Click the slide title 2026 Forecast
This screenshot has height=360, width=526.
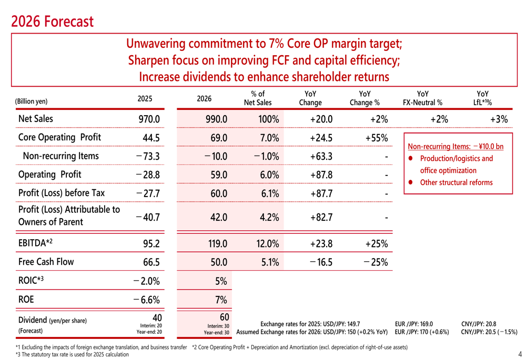52,22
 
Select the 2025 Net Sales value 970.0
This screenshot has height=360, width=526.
149,119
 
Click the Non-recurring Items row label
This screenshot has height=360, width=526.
60,156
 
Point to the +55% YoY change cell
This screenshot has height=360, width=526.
377,138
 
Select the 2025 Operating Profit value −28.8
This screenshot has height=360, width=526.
147,175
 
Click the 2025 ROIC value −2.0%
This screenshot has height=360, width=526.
147,281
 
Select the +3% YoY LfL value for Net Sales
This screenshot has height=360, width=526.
499,119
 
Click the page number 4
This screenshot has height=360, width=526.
520,353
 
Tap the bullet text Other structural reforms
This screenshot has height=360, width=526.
457,182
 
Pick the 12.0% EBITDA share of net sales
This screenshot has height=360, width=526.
267,243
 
